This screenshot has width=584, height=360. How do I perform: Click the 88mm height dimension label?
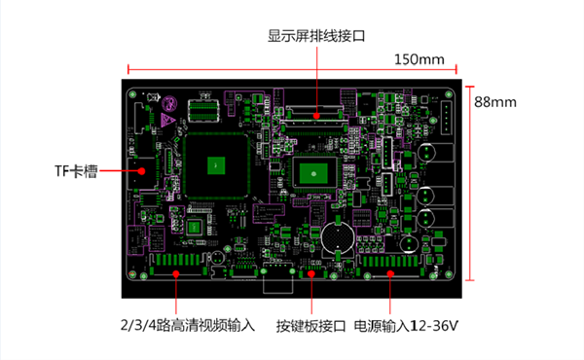click(494, 100)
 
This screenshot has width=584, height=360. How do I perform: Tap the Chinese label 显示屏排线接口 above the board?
click(316, 36)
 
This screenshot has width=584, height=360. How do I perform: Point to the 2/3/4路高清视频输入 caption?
click(187, 326)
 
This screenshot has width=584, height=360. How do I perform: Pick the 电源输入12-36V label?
click(406, 326)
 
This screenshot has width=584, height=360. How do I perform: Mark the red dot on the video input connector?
click(176, 275)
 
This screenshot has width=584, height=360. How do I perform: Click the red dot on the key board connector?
click(310, 275)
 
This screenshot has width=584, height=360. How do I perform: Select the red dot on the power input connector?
click(390, 275)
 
